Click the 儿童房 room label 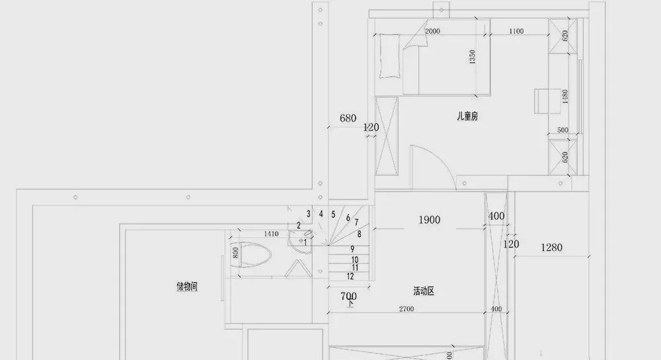point(467,116)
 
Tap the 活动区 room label point(424,291)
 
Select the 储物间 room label point(187,287)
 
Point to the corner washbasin point(300,241)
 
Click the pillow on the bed point(389,56)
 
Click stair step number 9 point(352,249)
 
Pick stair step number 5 point(333,215)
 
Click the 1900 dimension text point(430,220)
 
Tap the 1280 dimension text point(551,248)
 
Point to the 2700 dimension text point(407,309)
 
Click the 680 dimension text point(348,118)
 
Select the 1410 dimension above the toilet point(271,234)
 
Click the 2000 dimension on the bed point(432,31)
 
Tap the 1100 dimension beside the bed point(516,31)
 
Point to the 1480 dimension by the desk point(565,96)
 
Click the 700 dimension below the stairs point(348,296)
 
